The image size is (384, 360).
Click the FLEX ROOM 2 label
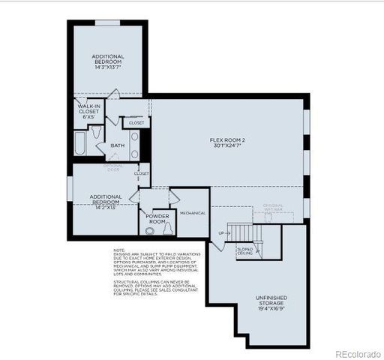click(x=230, y=139)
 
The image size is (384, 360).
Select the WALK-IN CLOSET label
click(x=88, y=112)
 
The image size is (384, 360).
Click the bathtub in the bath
click(x=80, y=143)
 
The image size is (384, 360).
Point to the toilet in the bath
click(x=96, y=132)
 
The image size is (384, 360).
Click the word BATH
click(x=118, y=145)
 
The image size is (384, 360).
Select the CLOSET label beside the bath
click(x=136, y=122)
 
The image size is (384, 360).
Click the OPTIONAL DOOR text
click(x=113, y=167)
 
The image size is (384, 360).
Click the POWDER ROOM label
click(x=156, y=218)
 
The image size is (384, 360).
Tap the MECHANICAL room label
click(x=193, y=213)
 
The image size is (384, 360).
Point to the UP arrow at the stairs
click(x=220, y=233)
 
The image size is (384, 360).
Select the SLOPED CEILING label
click(x=245, y=252)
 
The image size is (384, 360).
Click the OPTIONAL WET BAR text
click(x=273, y=208)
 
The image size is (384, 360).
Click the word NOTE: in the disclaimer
click(x=119, y=250)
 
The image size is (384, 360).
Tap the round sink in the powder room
click(x=149, y=231)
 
